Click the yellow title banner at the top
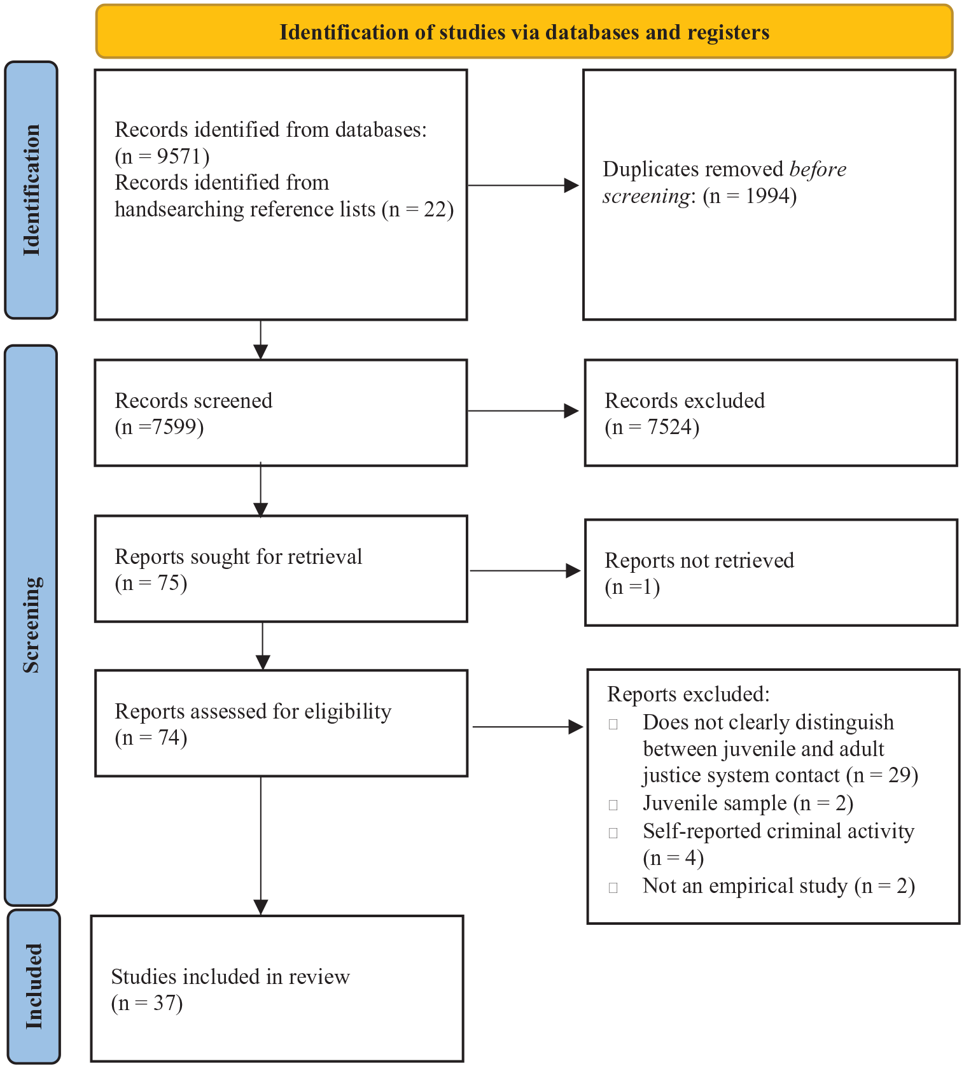[x=524, y=31]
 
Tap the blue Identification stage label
[x=31, y=190]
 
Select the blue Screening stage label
[x=31, y=625]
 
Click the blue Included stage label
[x=33, y=986]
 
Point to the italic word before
[x=818, y=169]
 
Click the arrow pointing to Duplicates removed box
[x=523, y=185]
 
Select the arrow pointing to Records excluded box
[x=523, y=411]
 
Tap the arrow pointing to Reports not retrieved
[x=525, y=571]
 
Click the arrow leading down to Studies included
[x=261, y=845]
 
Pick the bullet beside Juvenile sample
[x=613, y=805]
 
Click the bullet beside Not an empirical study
[x=613, y=888]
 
